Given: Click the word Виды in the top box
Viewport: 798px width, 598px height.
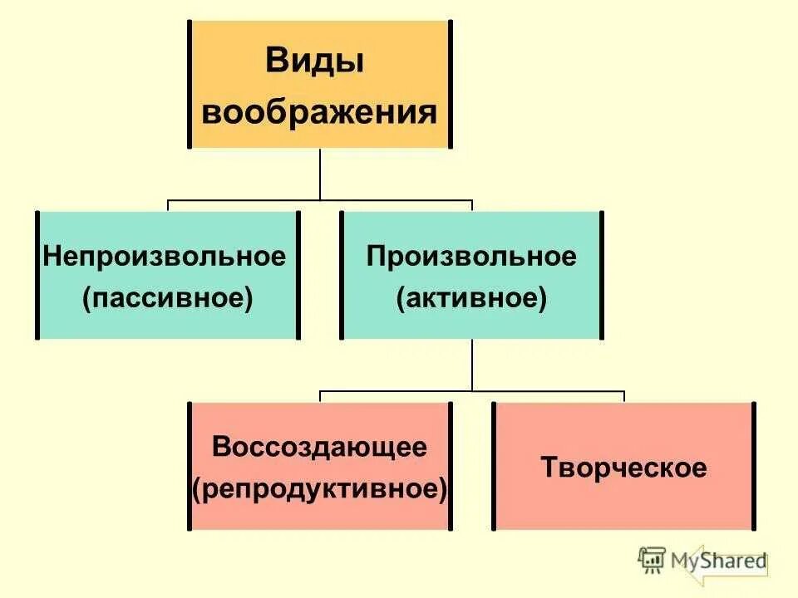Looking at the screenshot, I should click(x=314, y=62).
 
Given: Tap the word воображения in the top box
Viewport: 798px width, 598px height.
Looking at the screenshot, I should click(x=319, y=112).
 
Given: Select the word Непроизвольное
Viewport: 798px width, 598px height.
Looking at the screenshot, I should click(x=165, y=256).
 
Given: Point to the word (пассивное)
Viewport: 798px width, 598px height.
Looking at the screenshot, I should click(x=167, y=297).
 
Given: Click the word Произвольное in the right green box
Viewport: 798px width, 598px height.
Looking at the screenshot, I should click(x=471, y=256).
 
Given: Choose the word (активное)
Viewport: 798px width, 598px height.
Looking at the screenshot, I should click(x=471, y=297).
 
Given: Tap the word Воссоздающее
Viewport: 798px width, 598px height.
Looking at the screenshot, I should click(x=320, y=447).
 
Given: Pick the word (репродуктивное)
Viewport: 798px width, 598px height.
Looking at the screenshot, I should click(x=320, y=488).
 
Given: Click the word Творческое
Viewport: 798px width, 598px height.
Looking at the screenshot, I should click(x=624, y=467).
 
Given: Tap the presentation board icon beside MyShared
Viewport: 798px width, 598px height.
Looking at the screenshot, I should click(x=652, y=560).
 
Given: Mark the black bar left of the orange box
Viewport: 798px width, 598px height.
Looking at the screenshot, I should click(x=190, y=84).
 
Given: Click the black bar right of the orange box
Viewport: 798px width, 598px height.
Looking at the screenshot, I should click(x=450, y=84).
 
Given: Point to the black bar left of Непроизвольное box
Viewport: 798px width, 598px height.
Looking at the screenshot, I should click(x=37, y=275).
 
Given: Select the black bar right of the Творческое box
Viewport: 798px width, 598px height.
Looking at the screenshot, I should click(x=754, y=466).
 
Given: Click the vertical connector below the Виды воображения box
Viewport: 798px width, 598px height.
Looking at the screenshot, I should click(x=320, y=174).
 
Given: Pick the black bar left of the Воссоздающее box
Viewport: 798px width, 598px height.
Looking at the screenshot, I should click(x=190, y=466).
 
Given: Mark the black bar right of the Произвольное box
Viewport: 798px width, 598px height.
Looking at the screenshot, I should click(x=601, y=275).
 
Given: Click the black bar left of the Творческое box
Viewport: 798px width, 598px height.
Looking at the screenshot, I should click(x=494, y=466).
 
